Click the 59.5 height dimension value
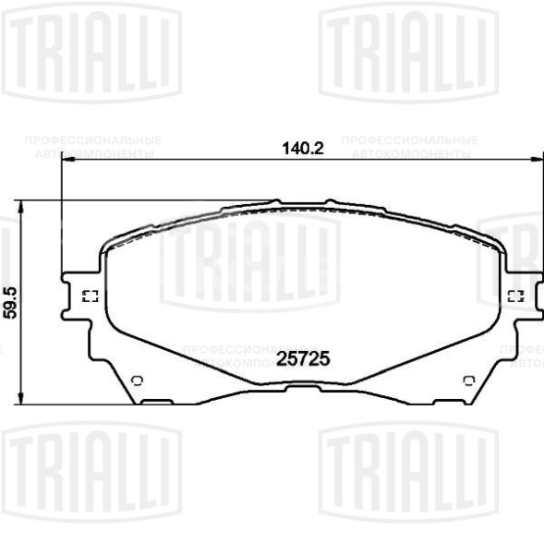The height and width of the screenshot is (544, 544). (x=11, y=301)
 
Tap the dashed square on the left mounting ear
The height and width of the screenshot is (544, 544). (x=91, y=296)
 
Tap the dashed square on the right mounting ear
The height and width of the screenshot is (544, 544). (x=515, y=296)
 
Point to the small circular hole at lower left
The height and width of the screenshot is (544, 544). (x=137, y=380)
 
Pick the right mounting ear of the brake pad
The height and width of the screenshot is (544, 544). (x=523, y=296)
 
